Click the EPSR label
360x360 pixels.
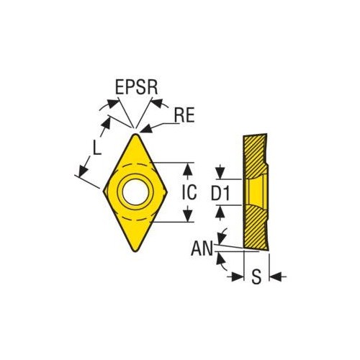pyautogui.click(x=136, y=87)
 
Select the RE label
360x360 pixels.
pyautogui.click(x=184, y=115)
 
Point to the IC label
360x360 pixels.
pyautogui.click(x=189, y=192)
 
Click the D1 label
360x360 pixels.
pyautogui.click(x=220, y=193)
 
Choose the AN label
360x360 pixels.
pyautogui.click(x=202, y=248)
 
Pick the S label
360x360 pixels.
pyautogui.click(x=256, y=276)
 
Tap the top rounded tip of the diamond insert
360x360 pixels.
pyautogui.click(x=135, y=135)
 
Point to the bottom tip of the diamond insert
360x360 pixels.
pyautogui.click(x=135, y=251)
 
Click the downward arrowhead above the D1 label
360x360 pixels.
pyautogui.click(x=220, y=172)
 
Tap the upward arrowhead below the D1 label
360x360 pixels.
pyautogui.click(x=220, y=212)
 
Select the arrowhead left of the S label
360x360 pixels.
pyautogui.click(x=236, y=276)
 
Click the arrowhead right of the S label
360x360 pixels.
pyautogui.click(x=276, y=276)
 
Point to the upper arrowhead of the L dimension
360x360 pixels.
pyautogui.click(x=107, y=125)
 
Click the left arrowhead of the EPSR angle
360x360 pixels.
pyautogui.click(x=113, y=104)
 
